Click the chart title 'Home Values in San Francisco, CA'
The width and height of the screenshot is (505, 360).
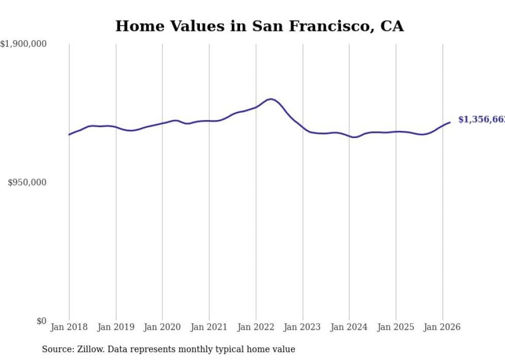(259, 26)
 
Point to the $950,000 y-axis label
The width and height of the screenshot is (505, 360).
(27, 182)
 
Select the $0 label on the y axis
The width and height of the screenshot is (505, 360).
(41, 321)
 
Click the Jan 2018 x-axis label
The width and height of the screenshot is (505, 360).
(69, 327)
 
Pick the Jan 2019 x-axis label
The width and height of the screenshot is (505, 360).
(116, 327)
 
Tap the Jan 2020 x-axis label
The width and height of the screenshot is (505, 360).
(162, 327)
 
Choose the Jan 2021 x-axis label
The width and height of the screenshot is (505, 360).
(209, 327)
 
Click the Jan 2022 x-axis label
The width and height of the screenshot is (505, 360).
(256, 327)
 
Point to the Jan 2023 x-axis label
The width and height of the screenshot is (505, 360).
(302, 327)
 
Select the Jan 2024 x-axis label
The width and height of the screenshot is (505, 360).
(349, 327)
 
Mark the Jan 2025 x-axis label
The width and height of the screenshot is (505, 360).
(396, 327)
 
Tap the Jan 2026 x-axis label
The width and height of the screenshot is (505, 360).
(442, 327)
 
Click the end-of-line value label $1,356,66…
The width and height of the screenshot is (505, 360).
(481, 119)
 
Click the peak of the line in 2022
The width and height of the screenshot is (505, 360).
(271, 99)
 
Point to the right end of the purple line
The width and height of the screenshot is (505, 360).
(450, 122)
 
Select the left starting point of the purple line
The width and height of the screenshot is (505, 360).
(69, 134)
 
